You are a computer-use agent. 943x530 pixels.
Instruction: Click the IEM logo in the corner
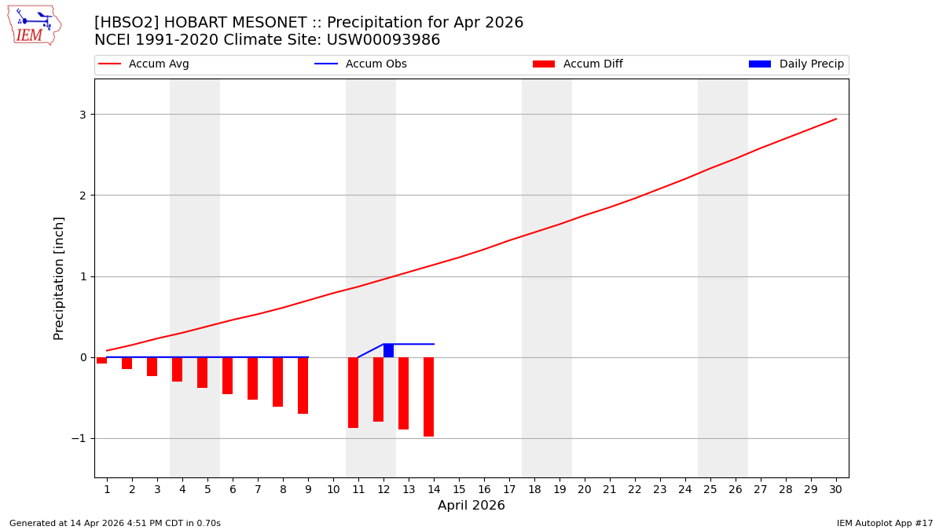click(34, 25)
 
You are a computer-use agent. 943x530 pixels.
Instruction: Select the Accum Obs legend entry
click(361, 64)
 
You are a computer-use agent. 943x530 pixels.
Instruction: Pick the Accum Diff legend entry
click(578, 64)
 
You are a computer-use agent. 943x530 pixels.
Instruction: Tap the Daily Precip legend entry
click(797, 64)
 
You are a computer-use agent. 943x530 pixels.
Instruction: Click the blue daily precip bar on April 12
click(388, 350)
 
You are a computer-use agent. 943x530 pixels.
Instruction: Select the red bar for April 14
click(428, 397)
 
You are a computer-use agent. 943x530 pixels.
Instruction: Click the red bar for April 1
click(101, 360)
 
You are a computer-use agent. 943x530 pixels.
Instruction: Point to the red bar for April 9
click(303, 385)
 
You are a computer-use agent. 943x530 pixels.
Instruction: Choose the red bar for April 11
click(353, 392)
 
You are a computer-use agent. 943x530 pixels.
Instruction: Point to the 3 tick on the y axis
click(82, 115)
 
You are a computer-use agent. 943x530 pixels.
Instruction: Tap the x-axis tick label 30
click(835, 489)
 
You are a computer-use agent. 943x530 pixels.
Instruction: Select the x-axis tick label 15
click(459, 489)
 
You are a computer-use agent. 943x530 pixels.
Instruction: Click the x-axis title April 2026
click(471, 506)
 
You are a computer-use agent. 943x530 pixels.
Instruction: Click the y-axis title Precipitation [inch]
click(59, 278)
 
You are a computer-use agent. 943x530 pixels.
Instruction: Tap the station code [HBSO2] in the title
click(127, 23)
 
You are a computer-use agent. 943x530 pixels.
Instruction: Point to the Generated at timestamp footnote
click(115, 523)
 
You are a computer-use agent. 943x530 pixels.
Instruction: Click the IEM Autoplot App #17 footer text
click(884, 523)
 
